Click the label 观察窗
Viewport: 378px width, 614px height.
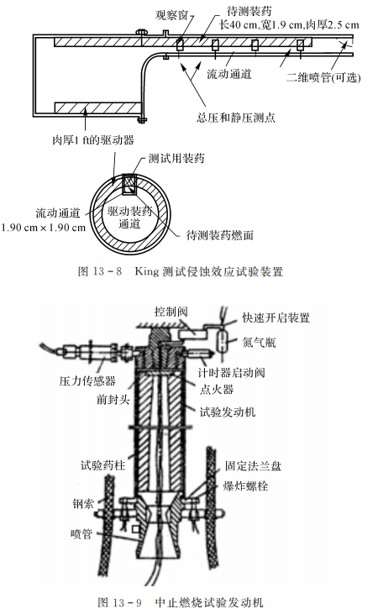tap(171, 15)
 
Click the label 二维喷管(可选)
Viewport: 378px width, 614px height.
tap(323, 77)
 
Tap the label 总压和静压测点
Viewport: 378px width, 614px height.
tap(236, 117)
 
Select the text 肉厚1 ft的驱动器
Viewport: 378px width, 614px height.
tap(93, 139)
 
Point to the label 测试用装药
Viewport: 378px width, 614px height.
tap(176, 158)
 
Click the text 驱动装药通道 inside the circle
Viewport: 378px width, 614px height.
tap(129, 218)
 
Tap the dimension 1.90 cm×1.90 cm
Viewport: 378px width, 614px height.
tap(44, 228)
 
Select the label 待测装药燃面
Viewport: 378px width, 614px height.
tap(220, 235)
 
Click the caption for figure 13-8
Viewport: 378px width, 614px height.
tap(181, 271)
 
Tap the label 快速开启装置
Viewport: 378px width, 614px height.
tap(276, 317)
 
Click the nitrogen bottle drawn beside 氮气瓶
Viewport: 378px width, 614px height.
tap(223, 341)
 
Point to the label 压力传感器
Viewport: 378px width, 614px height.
tap(87, 380)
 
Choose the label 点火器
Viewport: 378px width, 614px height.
tap(217, 389)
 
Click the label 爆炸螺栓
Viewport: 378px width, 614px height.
tap(245, 486)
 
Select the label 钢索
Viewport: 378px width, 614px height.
tap(83, 504)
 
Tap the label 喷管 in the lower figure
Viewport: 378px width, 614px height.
tap(81, 533)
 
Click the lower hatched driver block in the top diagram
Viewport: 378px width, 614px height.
tap(97, 108)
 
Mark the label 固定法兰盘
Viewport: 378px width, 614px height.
tap(253, 465)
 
